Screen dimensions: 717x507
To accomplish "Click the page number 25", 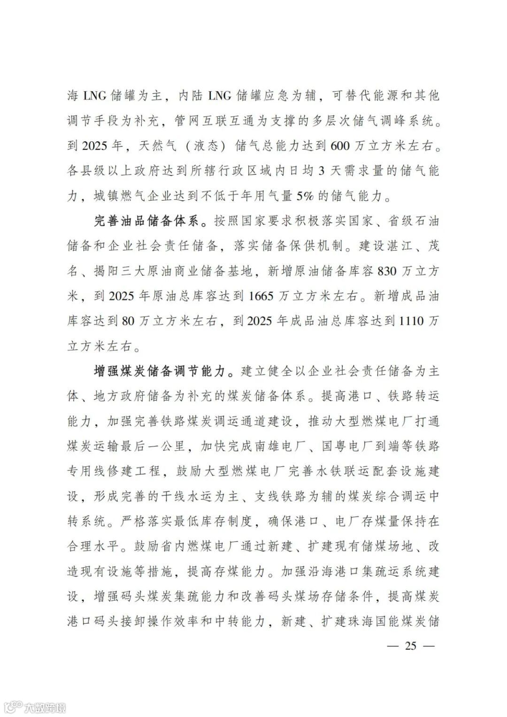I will [410, 646].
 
